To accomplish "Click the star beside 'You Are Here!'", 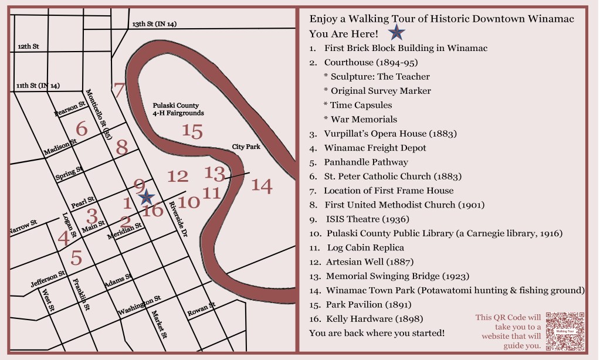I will (397, 33).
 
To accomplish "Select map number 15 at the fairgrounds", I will (192, 131).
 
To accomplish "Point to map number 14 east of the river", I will (262, 186).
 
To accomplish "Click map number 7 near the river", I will (120, 90).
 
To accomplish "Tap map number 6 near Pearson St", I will (82, 129).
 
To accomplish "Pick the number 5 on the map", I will (76, 257).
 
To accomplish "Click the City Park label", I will (246, 147).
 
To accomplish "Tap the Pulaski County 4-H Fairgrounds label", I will (177, 109).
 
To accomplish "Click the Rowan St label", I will (201, 310).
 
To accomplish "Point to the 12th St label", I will (28, 46).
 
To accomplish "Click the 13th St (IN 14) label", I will (154, 24).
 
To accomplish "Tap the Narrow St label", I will (23, 227).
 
